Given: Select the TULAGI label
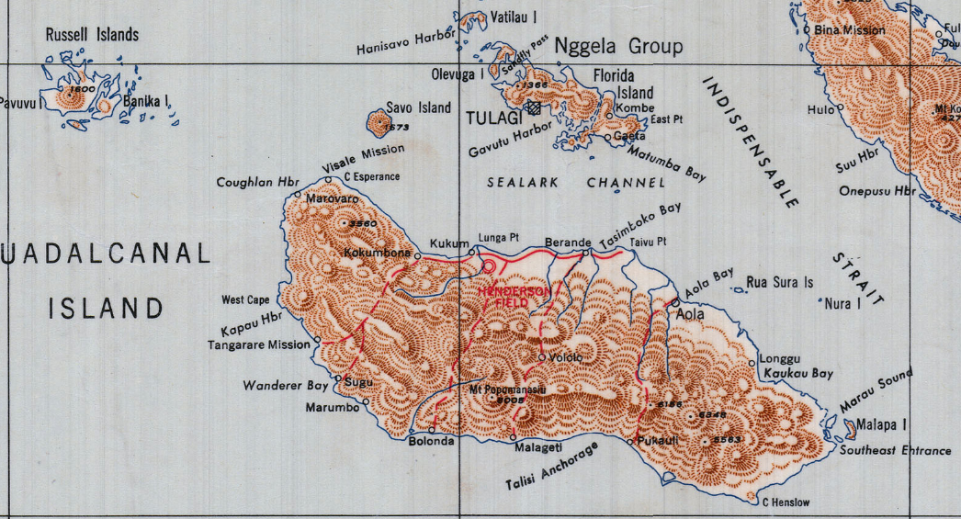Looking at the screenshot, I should point(492,118).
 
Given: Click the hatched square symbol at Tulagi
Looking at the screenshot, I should point(533,107).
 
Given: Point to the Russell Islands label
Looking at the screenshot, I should point(92,35).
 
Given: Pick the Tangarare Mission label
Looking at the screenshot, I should point(259,345).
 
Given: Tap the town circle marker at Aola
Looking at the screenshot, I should point(674,301).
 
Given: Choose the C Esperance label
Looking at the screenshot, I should point(371,176).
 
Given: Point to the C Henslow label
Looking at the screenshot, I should point(786,502).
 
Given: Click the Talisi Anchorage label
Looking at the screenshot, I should point(550,468).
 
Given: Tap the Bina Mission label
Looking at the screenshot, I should point(850,30).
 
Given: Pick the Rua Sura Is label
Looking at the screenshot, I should point(780,282).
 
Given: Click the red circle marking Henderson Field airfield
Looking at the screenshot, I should point(489,266).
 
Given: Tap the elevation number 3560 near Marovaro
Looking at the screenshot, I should point(359,223).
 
